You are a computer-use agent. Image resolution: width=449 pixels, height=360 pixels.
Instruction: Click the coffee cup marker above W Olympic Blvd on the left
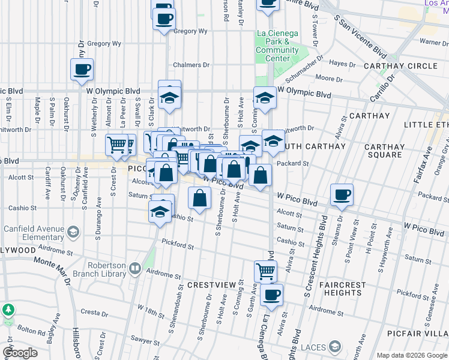[x=82, y=68]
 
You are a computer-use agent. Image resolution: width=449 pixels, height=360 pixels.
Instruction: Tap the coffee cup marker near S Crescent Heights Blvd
[x=342, y=194]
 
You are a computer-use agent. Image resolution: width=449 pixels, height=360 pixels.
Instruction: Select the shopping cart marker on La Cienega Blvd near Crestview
[x=265, y=271]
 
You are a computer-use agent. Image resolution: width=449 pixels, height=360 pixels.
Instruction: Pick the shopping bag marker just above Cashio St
[x=200, y=197]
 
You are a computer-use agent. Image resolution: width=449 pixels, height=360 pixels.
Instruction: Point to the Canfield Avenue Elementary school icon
[x=73, y=231]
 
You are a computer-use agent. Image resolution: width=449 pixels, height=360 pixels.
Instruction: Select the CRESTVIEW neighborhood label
[x=211, y=283]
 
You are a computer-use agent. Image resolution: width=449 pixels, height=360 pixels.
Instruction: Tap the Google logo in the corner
[x=20, y=353]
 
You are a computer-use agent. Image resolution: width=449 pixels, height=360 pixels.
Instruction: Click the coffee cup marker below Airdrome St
[x=272, y=295]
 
